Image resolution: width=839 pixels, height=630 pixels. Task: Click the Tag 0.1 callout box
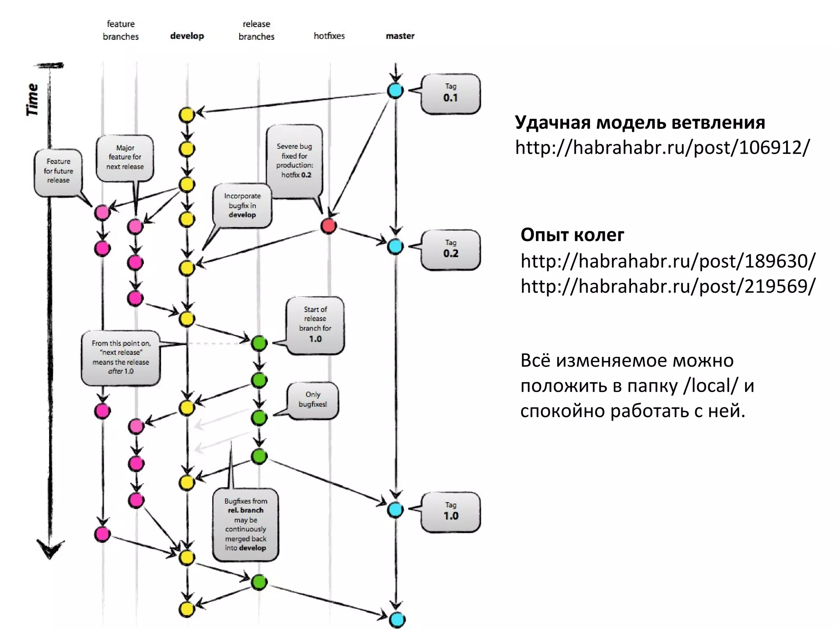coord(450,94)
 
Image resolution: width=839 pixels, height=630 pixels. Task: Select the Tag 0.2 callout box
coord(450,250)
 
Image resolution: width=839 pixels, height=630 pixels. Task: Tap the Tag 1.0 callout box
coord(450,512)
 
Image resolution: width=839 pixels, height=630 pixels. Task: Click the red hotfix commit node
coord(329,226)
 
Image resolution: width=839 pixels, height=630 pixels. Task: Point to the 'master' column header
coord(400,36)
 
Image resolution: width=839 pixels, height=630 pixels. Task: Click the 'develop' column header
coord(187,36)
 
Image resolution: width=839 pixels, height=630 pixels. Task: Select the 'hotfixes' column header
coord(329,36)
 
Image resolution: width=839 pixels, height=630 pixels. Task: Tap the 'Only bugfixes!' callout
coord(313,400)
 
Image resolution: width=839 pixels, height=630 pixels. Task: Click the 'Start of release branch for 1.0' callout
coord(315,325)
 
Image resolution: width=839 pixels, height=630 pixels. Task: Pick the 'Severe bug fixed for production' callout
coord(295,162)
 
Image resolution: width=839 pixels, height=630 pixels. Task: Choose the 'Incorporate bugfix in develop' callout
coord(242,205)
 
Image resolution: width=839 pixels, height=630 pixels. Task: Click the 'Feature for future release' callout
coord(58,172)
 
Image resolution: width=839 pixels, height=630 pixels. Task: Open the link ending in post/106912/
coord(662,148)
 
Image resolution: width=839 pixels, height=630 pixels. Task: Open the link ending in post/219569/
coord(668,286)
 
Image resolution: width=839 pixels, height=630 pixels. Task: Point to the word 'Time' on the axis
coord(32,100)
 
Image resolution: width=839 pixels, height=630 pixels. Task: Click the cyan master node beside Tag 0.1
coord(395,91)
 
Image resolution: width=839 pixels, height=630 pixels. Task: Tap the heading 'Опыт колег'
coord(572,235)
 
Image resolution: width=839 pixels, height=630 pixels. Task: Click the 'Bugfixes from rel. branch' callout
coord(245,525)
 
